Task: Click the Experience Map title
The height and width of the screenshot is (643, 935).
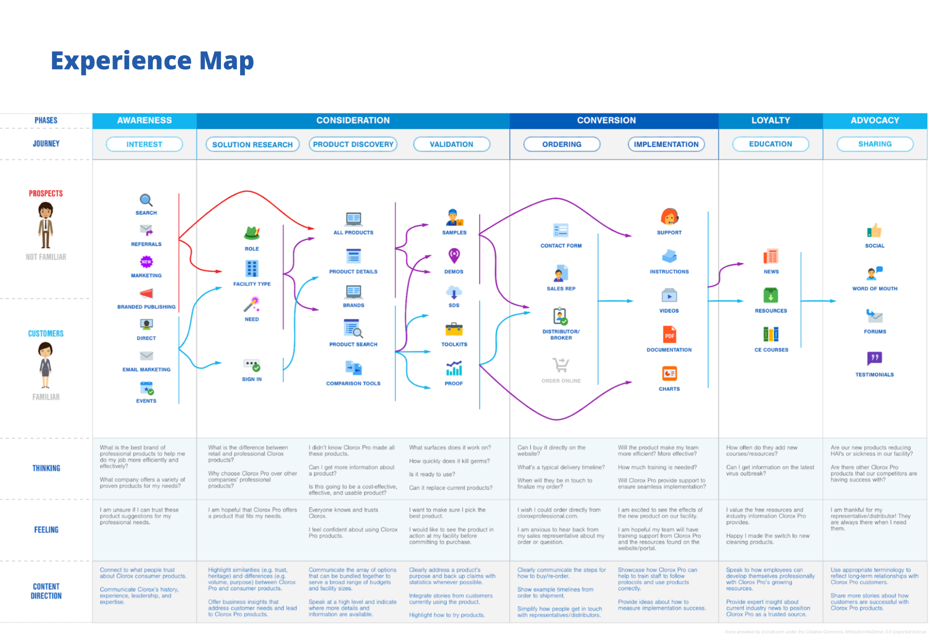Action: (x=152, y=61)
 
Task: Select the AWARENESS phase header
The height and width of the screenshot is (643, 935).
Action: (x=144, y=120)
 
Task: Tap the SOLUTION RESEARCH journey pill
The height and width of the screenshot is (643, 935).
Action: (x=252, y=145)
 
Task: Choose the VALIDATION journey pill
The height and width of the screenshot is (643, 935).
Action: (x=451, y=145)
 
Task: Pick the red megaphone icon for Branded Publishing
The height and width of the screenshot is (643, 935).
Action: (x=146, y=294)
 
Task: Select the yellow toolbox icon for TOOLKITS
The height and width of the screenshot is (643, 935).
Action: (x=454, y=330)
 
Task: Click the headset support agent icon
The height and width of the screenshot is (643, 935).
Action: (x=669, y=217)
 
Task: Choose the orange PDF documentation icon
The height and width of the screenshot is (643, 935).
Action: (x=669, y=335)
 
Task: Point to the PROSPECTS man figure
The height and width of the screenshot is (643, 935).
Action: (x=46, y=225)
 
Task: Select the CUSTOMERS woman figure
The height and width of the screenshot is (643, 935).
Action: (x=46, y=365)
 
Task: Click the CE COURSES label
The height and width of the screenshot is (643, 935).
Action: (x=771, y=350)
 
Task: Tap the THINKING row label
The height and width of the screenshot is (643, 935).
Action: (x=46, y=468)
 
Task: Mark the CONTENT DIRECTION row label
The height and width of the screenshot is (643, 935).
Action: (x=46, y=591)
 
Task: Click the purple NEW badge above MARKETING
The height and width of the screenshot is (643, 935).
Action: (x=146, y=262)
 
